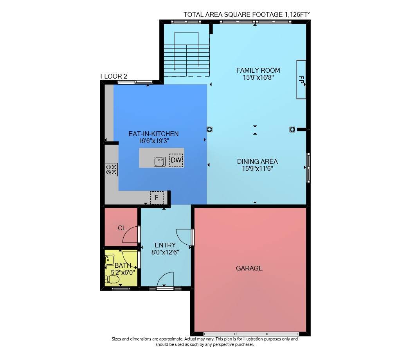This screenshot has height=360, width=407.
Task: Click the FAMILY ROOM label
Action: click(x=258, y=70)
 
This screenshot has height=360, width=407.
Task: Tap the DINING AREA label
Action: click(x=257, y=161)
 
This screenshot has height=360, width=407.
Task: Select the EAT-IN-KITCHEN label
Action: click(x=154, y=134)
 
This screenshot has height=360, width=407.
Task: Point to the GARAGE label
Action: click(x=249, y=268)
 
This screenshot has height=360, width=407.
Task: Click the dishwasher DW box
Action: click(x=176, y=160)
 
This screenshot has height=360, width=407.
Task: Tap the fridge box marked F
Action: click(x=157, y=198)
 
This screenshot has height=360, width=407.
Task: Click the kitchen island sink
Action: click(x=160, y=161)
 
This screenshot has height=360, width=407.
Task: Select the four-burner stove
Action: click(x=111, y=170)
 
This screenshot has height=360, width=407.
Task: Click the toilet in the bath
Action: click(x=112, y=279)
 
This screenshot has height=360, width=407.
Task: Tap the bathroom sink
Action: click(x=109, y=259)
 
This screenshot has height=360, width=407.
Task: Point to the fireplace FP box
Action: click(x=301, y=80)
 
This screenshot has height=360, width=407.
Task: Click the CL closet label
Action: click(x=122, y=228)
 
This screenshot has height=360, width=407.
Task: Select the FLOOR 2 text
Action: click(x=114, y=77)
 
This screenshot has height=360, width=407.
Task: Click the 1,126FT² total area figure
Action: click(x=297, y=14)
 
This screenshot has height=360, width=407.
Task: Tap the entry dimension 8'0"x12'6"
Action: click(x=165, y=252)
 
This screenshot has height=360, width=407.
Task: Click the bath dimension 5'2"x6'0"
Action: click(x=123, y=272)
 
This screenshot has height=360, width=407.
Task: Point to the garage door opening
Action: click(x=251, y=334)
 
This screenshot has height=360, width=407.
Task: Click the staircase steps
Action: click(x=187, y=60)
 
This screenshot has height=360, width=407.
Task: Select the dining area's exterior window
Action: click(x=308, y=168)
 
